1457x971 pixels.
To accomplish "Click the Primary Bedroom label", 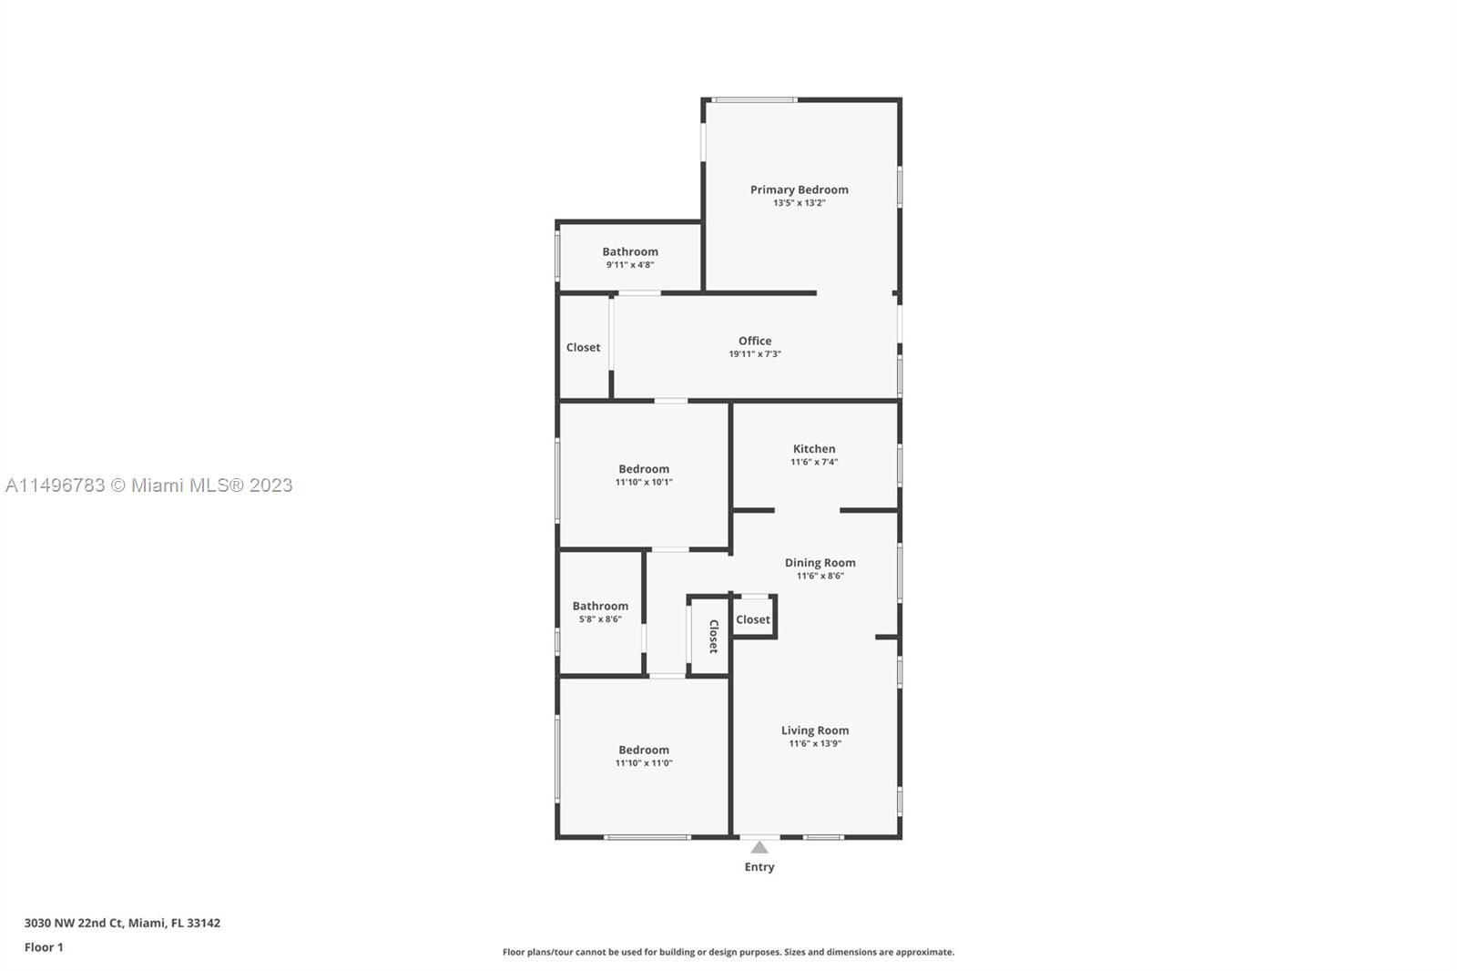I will [x=799, y=189].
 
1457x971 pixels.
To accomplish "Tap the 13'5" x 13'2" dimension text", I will [x=799, y=203].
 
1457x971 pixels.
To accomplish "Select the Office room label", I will [x=755, y=341].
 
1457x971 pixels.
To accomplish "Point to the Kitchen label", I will [x=813, y=448].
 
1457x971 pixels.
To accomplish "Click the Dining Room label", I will [x=820, y=562].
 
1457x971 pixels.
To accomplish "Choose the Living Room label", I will [x=814, y=730].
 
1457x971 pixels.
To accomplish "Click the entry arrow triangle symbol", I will [x=759, y=847].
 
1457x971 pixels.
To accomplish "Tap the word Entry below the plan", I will [x=759, y=867].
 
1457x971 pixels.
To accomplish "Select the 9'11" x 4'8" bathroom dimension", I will [x=630, y=265].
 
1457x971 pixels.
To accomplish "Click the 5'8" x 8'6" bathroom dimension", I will [x=600, y=619].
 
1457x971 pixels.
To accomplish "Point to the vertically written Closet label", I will [x=713, y=636].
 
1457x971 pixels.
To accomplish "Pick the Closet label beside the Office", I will [x=583, y=347].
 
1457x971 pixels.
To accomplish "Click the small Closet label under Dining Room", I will [x=752, y=619].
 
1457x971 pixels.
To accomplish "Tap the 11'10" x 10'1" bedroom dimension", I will [x=644, y=483].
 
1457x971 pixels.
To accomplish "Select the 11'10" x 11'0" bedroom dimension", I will [x=644, y=763].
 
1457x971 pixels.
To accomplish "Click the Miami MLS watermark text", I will [x=149, y=485].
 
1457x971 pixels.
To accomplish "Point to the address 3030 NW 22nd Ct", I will [x=122, y=923].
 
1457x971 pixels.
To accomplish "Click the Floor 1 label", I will [x=44, y=947].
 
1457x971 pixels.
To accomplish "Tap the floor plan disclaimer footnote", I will [x=728, y=952].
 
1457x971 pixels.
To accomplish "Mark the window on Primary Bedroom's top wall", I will [x=754, y=99].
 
